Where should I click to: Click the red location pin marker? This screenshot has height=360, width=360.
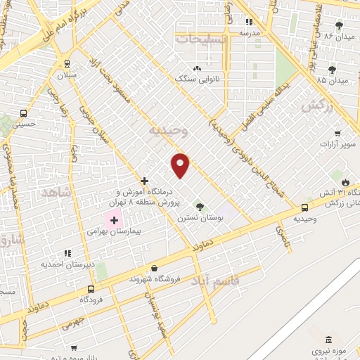tap(181, 165)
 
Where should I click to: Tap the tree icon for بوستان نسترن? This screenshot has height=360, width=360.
tap(201, 207)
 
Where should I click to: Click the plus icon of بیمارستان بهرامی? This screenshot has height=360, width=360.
tap(115, 221)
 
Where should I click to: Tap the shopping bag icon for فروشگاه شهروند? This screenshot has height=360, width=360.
tap(154, 268)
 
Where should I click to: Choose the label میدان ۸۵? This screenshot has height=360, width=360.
tap(333, 81)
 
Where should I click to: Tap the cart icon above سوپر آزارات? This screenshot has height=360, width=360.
tap(337, 134)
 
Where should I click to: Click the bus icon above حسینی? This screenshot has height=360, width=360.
tap(24, 112)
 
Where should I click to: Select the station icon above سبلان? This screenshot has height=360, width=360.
tap(67, 63)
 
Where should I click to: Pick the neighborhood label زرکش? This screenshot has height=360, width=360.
tap(316, 106)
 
